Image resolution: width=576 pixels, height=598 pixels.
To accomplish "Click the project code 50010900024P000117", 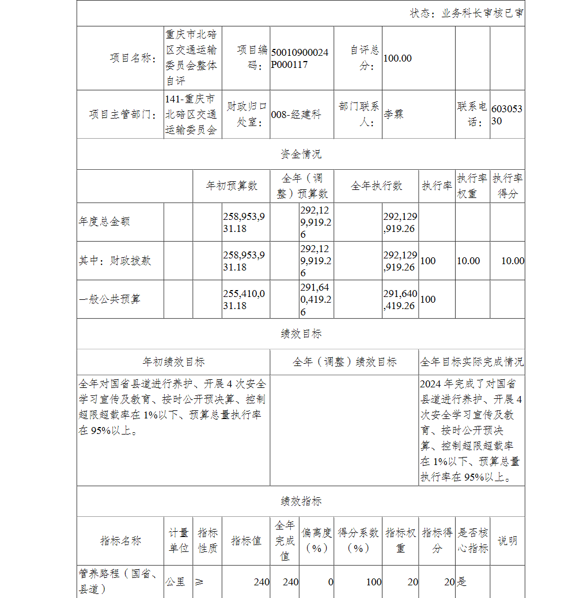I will click(x=300, y=58).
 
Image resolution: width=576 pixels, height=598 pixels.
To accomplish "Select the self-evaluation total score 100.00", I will click(x=397, y=58).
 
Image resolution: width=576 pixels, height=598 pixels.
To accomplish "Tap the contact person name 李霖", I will click(x=394, y=114).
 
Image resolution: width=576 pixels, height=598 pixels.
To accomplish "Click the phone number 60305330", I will click(x=507, y=115).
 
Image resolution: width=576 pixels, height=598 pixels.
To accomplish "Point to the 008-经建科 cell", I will click(x=295, y=115).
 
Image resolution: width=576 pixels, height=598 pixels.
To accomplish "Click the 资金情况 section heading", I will click(x=301, y=154).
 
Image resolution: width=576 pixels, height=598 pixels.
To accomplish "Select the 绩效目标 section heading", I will click(x=301, y=334).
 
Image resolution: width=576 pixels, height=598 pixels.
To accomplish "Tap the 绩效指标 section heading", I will click(x=301, y=501).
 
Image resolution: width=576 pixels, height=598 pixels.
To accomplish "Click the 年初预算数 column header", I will click(x=232, y=186).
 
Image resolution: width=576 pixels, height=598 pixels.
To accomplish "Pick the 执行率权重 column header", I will click(x=472, y=186).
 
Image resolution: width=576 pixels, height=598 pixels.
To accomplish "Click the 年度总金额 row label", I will click(x=105, y=222).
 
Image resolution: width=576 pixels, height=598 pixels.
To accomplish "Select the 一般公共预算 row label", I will click(x=109, y=299).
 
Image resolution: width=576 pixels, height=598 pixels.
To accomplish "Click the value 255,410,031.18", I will click(x=244, y=299).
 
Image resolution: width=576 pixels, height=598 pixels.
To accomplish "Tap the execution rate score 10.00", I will click(x=512, y=261).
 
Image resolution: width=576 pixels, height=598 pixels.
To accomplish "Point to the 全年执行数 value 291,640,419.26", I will click(x=400, y=299).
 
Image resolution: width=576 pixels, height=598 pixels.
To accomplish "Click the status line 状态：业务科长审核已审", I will click(x=467, y=13).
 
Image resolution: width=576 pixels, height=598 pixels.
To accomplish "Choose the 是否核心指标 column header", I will click(x=472, y=540).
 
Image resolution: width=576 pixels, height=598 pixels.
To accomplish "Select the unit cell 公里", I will click(x=176, y=582).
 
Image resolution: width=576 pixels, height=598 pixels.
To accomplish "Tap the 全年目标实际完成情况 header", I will click(x=472, y=362).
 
